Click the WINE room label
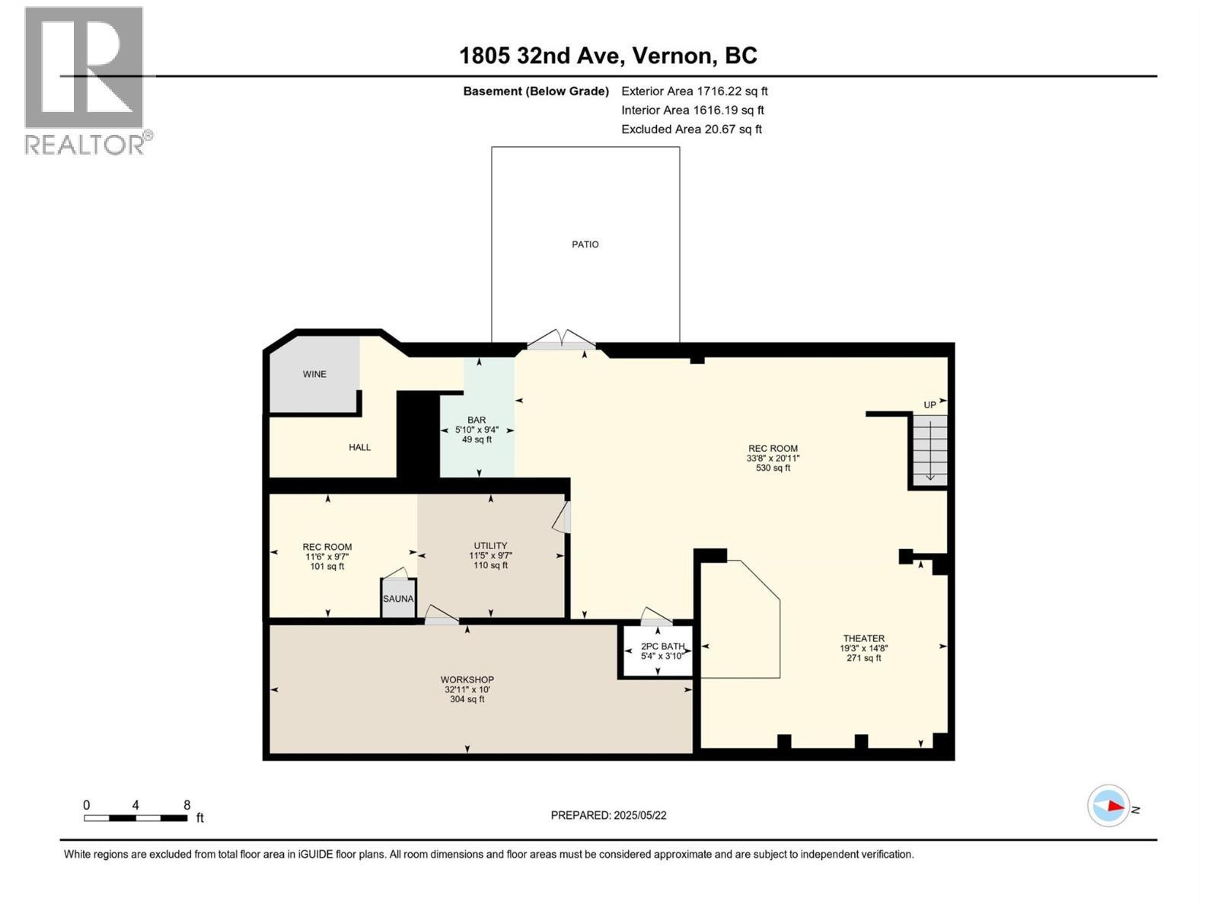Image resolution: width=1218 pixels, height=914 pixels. (314, 374)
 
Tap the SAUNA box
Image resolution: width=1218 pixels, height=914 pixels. (398, 599)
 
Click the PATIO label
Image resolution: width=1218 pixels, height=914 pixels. (585, 244)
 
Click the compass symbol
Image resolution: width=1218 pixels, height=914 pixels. (1108, 806)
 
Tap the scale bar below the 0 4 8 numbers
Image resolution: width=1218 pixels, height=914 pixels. (136, 818)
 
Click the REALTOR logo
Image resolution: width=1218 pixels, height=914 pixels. (84, 80)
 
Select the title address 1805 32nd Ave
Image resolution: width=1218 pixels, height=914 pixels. (607, 56)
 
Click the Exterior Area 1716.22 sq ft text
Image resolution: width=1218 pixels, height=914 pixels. (694, 91)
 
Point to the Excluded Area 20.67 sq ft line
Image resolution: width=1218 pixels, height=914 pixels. (691, 129)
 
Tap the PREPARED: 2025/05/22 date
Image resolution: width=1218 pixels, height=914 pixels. (608, 815)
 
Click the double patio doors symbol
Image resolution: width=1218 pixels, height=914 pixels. (562, 340)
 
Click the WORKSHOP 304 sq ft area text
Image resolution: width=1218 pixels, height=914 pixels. (467, 699)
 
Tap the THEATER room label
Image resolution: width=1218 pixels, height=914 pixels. (863, 638)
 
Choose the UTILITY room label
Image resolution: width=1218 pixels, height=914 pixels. (490, 545)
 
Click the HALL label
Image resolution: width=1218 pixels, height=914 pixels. (359, 447)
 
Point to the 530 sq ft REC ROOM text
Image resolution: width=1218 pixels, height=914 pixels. (772, 468)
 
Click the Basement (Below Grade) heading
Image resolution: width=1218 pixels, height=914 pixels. (536, 91)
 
